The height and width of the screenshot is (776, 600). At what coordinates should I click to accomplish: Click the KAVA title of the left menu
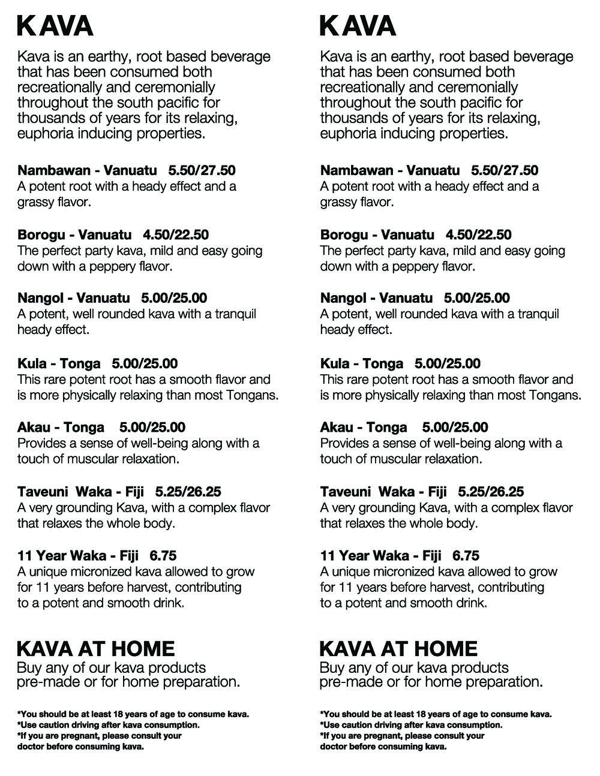tap(55, 26)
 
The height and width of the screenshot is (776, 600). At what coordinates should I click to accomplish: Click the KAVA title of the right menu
tap(358, 26)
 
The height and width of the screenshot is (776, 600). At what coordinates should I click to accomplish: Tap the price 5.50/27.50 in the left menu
tap(202, 170)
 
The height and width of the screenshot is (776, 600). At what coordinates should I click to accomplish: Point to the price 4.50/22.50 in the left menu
tap(176, 234)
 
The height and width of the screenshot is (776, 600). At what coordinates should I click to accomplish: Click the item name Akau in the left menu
tap(34, 428)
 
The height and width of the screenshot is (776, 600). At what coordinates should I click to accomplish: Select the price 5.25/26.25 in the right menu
tap(491, 492)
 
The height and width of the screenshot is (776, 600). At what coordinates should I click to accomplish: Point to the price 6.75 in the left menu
tap(163, 556)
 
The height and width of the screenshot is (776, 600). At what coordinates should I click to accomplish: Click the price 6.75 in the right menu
tap(466, 556)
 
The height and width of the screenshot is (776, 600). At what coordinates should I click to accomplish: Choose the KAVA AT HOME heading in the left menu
tap(96, 648)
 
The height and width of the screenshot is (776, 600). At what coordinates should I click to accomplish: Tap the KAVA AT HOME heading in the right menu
tap(399, 648)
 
